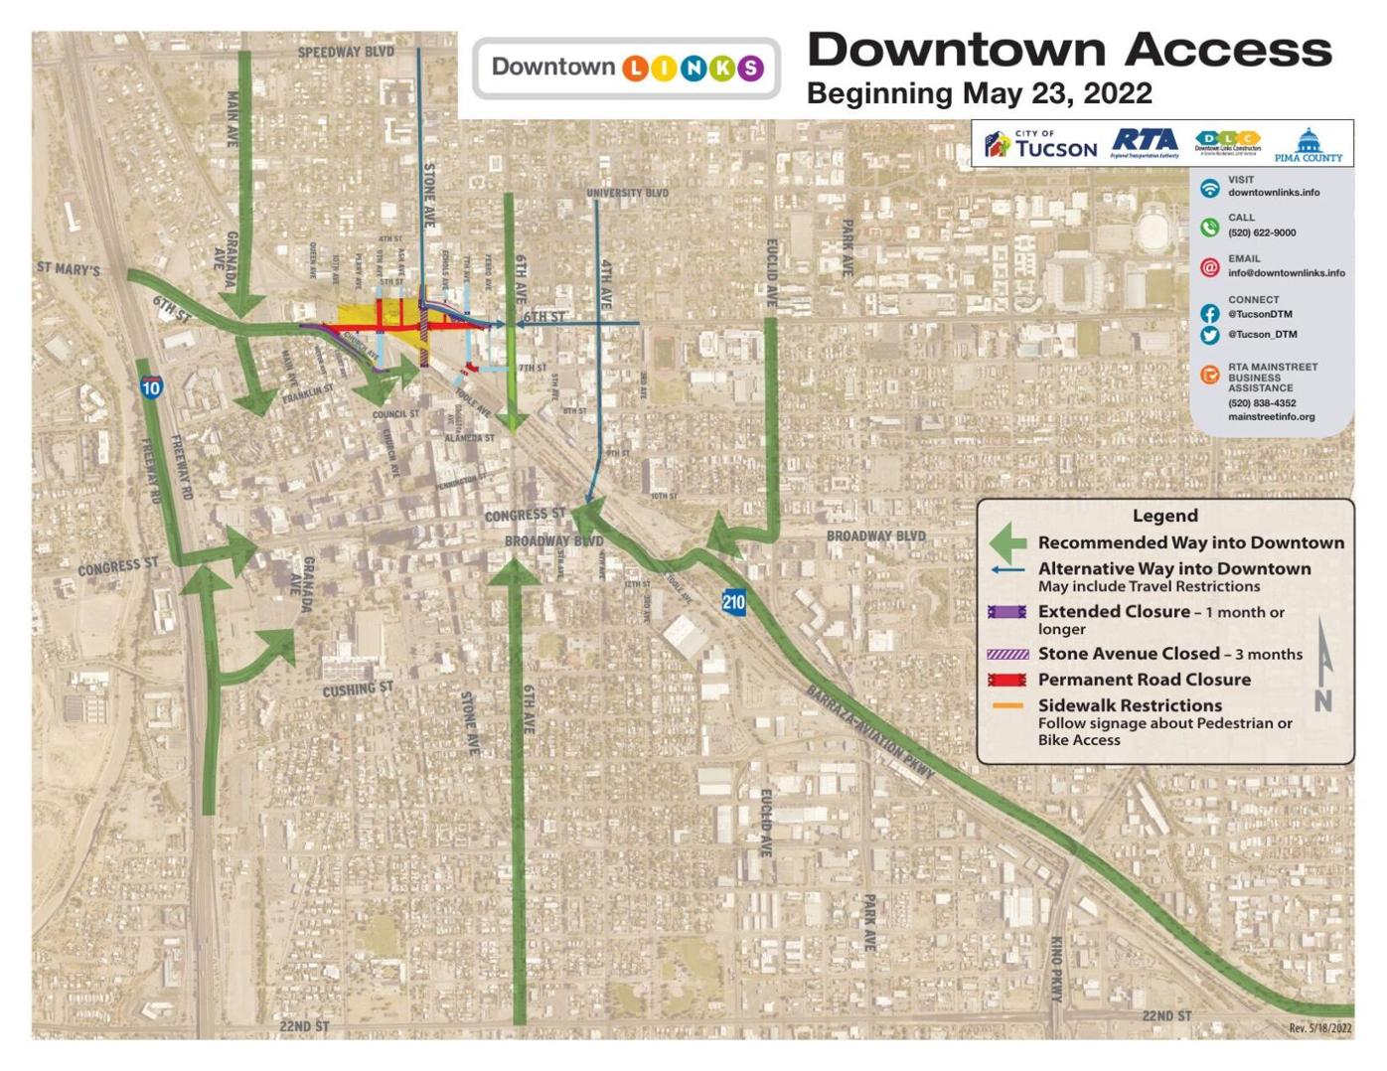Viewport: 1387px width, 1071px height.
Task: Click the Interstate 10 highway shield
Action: point(151,386)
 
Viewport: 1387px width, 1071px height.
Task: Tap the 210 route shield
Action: point(733,601)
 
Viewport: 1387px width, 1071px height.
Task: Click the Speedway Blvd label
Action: point(346,52)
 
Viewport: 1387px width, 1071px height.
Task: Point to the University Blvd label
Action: point(627,193)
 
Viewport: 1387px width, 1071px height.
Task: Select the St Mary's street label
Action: point(69,268)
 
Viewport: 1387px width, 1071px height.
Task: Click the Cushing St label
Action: point(358,688)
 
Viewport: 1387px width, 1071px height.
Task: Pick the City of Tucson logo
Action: point(1040,145)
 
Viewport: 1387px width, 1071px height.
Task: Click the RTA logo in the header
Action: point(1145,143)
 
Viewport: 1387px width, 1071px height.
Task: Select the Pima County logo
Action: point(1308,146)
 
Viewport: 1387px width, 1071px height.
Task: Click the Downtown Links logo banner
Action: point(626,68)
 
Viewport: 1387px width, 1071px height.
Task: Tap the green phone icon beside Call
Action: point(1209,228)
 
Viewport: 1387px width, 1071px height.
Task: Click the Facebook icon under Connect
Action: point(1209,313)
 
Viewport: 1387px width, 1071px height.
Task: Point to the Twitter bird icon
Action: point(1209,335)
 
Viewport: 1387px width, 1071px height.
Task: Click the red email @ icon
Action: point(1209,267)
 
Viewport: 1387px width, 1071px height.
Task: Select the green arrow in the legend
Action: point(1007,542)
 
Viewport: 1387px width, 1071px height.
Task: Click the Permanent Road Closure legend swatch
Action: point(1006,680)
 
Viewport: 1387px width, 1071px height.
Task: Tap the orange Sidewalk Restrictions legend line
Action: point(1006,706)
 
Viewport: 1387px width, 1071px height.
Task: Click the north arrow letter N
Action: point(1322,700)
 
